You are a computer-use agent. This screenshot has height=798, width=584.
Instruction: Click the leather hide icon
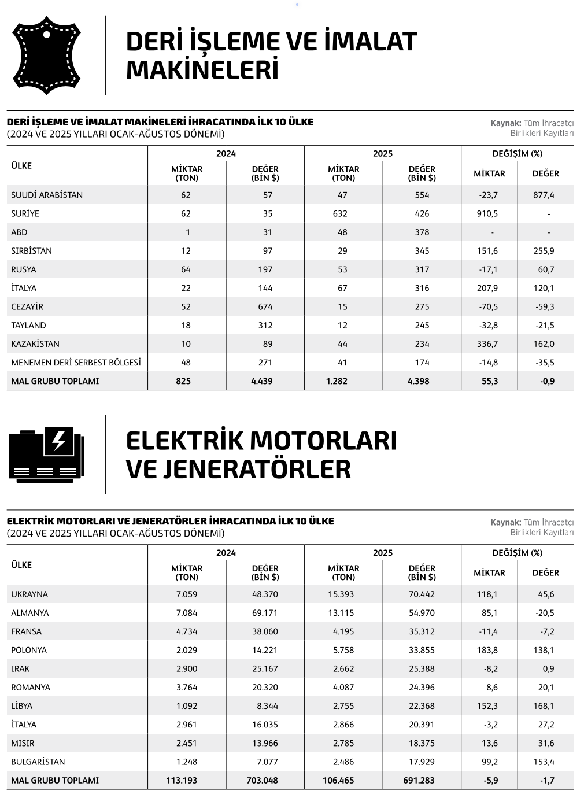coord(46,55)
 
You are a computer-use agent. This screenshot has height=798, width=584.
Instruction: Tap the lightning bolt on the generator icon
coord(59,441)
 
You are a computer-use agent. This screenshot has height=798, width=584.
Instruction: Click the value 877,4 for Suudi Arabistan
coord(544,195)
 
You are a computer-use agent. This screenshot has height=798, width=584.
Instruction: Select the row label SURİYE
coord(25,213)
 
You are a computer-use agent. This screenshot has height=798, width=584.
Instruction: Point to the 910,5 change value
coord(487,213)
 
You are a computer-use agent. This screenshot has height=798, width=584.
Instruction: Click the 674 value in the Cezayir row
coord(265,306)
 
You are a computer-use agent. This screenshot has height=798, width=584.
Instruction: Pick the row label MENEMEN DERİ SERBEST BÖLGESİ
coord(76,363)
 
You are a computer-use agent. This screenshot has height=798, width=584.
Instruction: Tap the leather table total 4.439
coord(262,381)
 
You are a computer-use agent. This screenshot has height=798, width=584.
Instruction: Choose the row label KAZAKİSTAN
coord(35,344)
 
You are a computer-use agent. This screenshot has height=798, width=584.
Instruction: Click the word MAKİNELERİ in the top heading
coord(202,70)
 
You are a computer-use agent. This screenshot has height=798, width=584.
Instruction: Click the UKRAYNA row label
coord(29,594)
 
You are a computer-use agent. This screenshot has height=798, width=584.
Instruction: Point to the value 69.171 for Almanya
coord(265,613)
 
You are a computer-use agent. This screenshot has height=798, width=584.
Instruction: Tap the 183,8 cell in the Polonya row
coord(487,650)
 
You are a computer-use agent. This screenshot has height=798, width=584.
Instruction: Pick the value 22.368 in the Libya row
coord(422,706)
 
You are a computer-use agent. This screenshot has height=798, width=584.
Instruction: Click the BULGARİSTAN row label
coord(38,762)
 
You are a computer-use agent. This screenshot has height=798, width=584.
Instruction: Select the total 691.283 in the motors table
coord(419,780)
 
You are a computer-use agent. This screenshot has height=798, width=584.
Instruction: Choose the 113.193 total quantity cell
coord(182,780)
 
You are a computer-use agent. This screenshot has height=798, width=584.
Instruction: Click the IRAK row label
coord(20,668)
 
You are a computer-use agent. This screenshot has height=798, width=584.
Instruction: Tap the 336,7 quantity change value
coord(487,344)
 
